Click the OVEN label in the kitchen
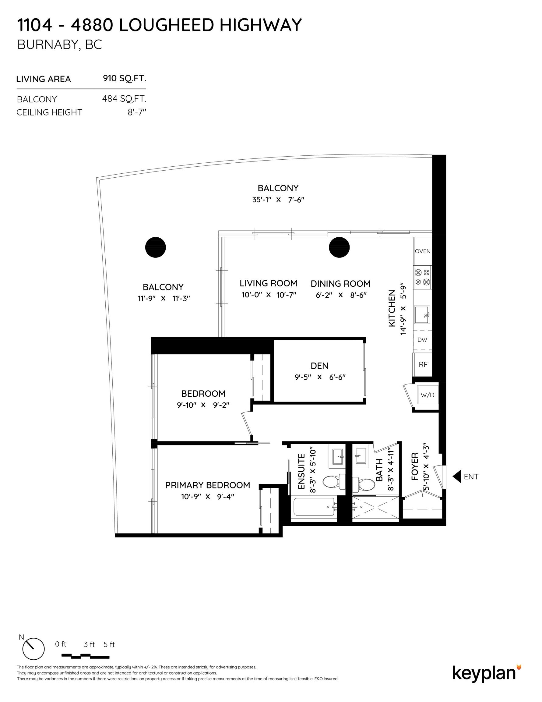pyautogui.click(x=422, y=251)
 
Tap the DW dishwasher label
pyautogui.click(x=422, y=340)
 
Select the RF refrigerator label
pyautogui.click(x=423, y=364)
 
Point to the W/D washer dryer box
pyautogui.click(x=428, y=395)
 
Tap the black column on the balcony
pyautogui.click(x=156, y=247)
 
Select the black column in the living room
pyautogui.click(x=339, y=247)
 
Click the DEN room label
pyautogui.click(x=319, y=366)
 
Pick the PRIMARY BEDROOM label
pyautogui.click(x=208, y=485)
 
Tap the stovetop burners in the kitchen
pyautogui.click(x=422, y=277)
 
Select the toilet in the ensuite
pyautogui.click(x=333, y=482)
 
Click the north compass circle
pyautogui.click(x=33, y=649)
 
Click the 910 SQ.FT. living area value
pyautogui.click(x=125, y=78)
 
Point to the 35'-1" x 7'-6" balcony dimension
pyautogui.click(x=278, y=200)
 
